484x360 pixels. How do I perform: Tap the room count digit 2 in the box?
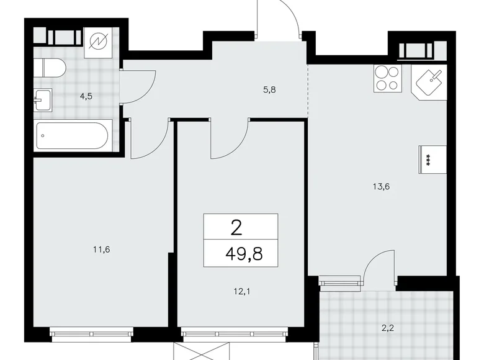click(236, 228)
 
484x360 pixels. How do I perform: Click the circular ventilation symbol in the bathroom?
click(99, 42)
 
